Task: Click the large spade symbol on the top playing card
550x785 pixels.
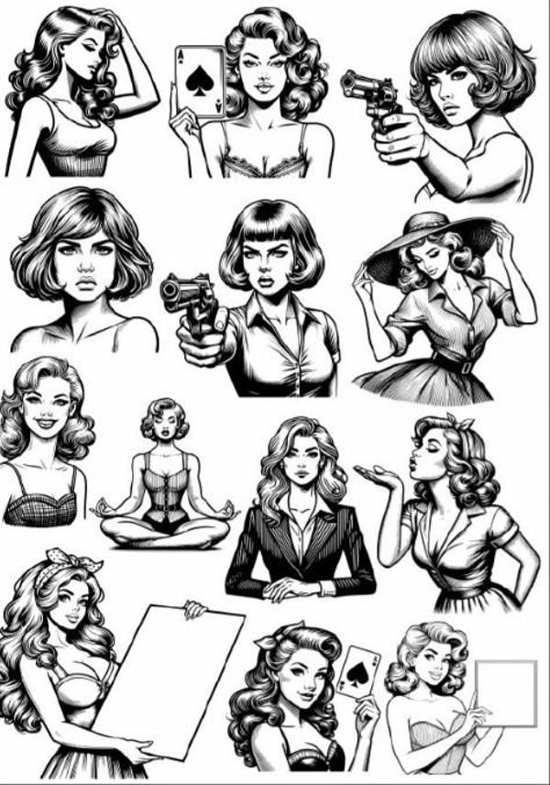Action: (199, 83)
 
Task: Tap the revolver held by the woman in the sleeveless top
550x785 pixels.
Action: (368, 93)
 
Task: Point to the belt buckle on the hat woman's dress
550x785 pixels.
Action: (467, 367)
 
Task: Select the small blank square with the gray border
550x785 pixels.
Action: (505, 692)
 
